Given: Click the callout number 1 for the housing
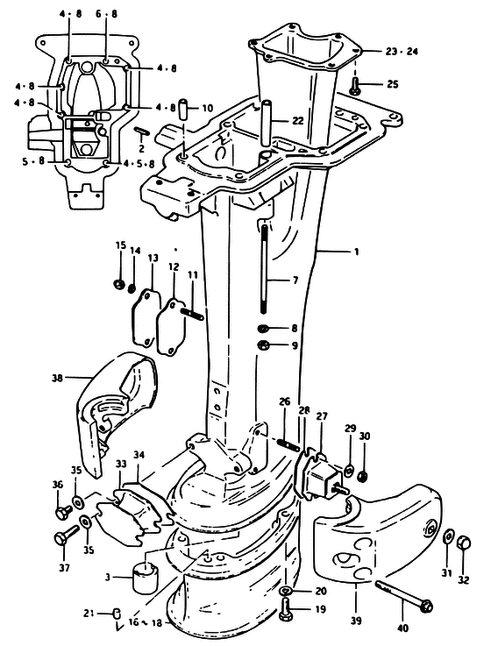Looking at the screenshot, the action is pos(357,251).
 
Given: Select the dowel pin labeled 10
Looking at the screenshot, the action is pos(183,109).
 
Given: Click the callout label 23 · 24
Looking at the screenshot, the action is pos(402,52).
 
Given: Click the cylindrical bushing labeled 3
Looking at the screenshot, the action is pos(145,578).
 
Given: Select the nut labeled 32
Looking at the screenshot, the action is pos(464,542).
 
